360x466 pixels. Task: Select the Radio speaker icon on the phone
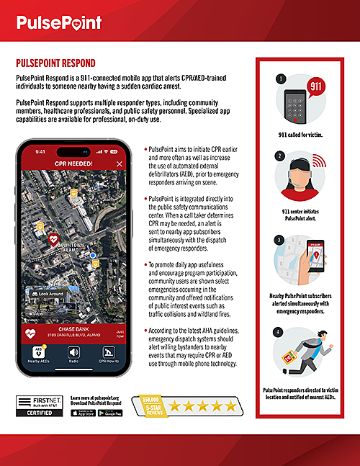[73, 353]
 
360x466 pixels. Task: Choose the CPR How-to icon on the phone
[108, 353]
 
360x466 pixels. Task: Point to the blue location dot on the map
[92, 255]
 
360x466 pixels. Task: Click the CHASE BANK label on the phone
[72, 309]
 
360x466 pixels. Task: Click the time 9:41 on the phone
[40, 151]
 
